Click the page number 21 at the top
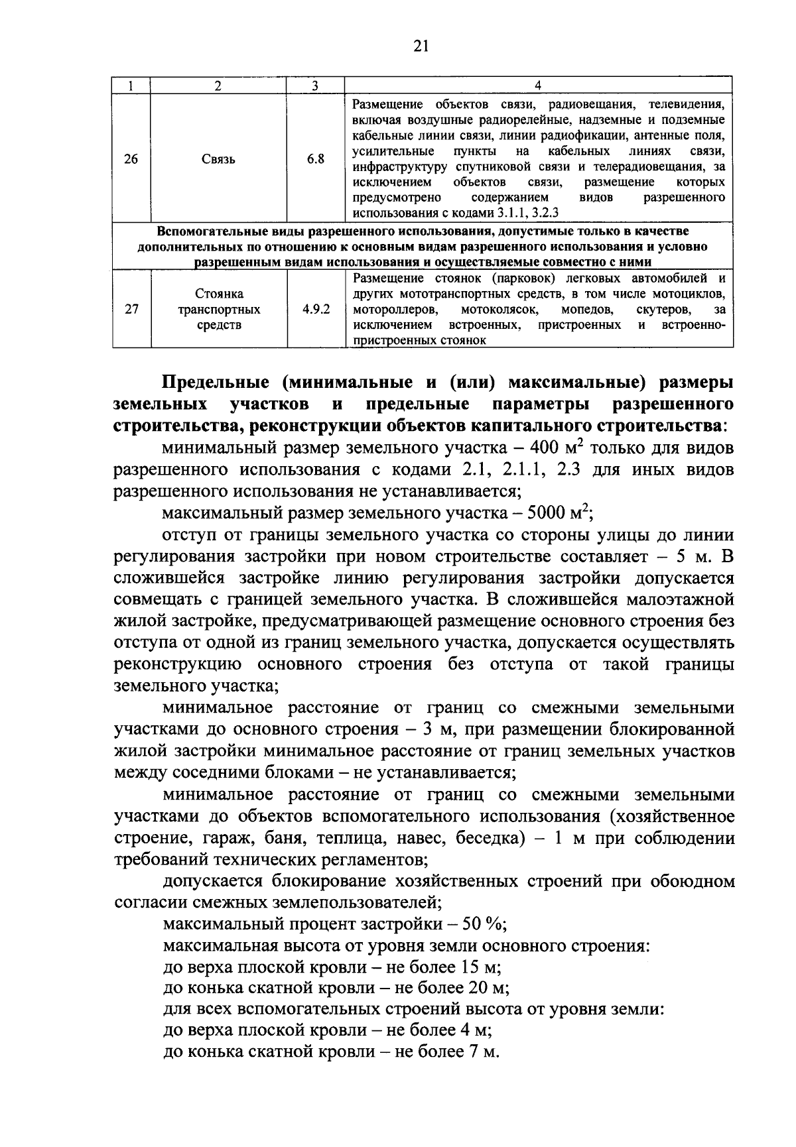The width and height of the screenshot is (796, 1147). [421, 46]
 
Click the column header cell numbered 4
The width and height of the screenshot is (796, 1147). [538, 86]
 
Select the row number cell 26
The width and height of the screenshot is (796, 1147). [131, 159]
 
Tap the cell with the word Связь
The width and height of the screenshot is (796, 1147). [218, 159]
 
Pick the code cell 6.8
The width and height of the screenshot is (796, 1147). [316, 159]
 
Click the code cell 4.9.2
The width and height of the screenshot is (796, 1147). [316, 310]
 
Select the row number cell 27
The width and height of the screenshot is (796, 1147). [131, 310]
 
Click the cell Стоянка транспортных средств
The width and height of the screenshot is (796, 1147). [219, 310]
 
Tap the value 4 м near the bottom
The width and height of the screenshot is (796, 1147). [472, 1031]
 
